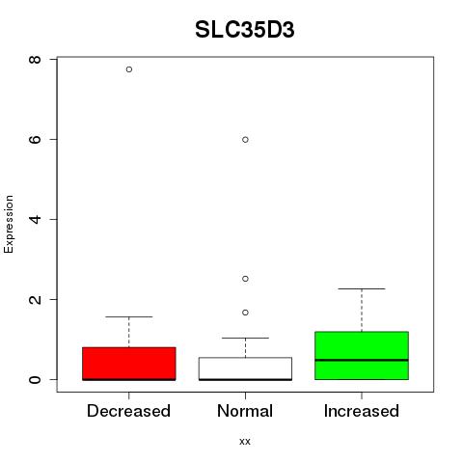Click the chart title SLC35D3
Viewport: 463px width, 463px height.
[245, 30]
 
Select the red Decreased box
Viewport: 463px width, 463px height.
[129, 364]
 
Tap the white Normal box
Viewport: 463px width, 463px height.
[245, 368]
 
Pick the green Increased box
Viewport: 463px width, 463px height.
[362, 355]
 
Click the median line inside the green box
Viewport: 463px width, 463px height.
[362, 360]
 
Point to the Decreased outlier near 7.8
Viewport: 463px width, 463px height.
[129, 69]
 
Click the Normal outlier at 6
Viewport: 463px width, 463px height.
[245, 140]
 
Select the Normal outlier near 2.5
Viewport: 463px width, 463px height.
[245, 279]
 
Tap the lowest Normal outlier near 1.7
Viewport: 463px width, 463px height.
[245, 313]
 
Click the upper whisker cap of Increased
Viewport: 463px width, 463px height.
[362, 288]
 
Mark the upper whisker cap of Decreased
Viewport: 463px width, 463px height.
[129, 316]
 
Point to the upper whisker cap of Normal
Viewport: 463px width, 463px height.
[245, 338]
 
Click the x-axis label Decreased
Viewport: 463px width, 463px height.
[128, 411]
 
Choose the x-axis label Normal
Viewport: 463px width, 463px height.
[245, 411]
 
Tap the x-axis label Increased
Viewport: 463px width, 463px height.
[362, 411]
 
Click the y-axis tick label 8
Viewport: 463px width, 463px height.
[35, 60]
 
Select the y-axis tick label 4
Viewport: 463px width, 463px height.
[35, 219]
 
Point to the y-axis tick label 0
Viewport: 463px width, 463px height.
[35, 379]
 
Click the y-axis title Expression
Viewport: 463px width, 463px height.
[9, 224]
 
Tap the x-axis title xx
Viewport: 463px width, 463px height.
[245, 442]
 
